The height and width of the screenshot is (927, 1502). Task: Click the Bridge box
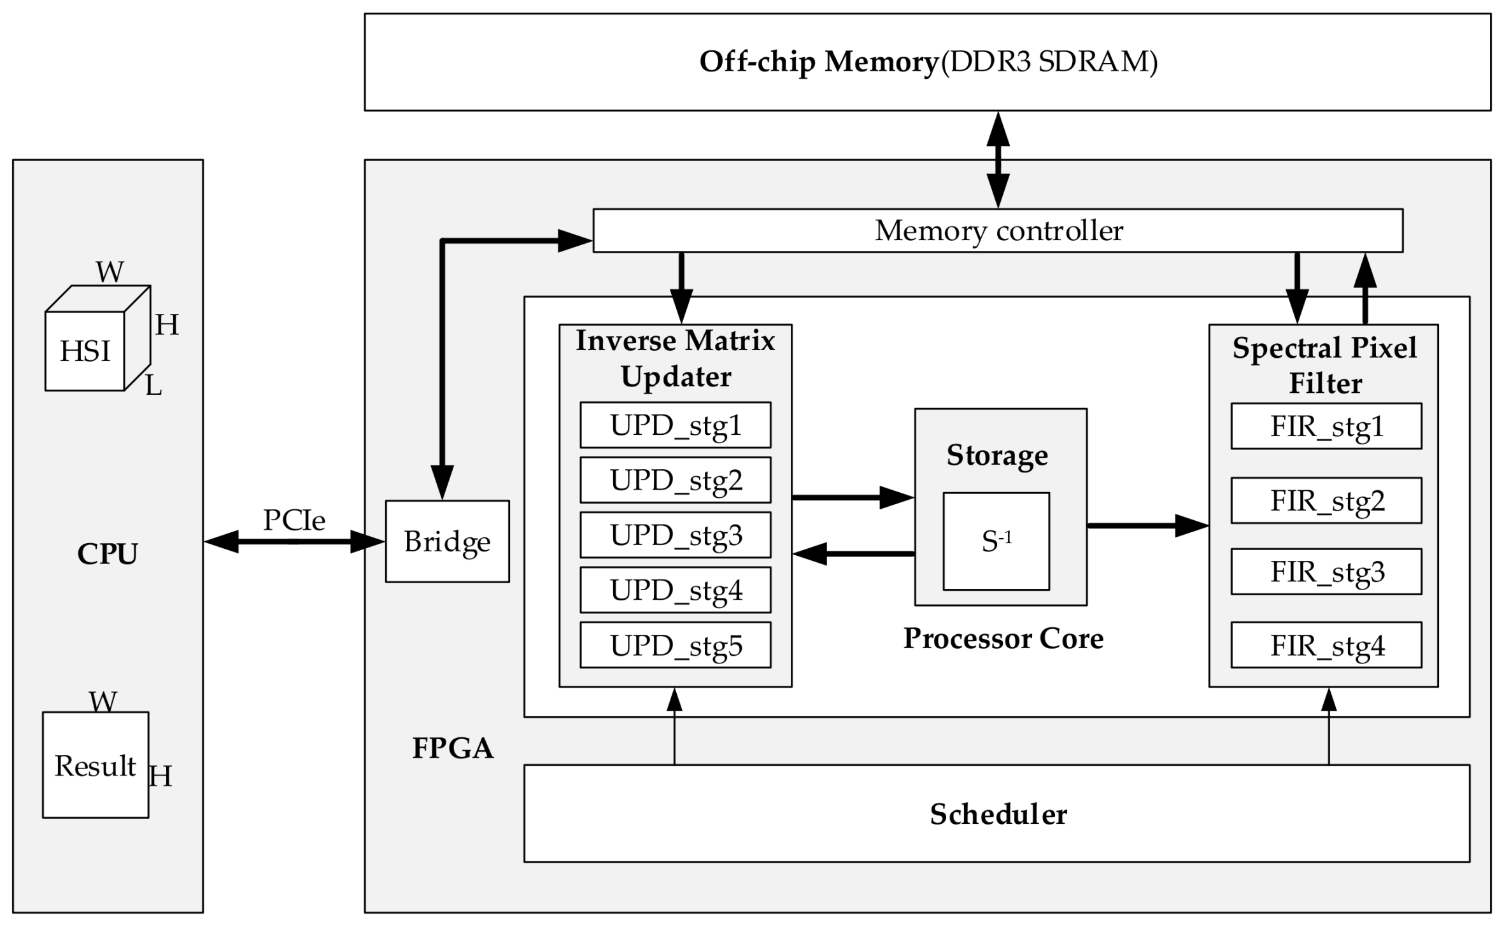[x=447, y=541]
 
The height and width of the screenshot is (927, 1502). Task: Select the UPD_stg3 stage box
[x=675, y=535]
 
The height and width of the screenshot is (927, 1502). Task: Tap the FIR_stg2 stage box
[x=1326, y=500]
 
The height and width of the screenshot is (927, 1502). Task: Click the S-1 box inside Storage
[x=996, y=541]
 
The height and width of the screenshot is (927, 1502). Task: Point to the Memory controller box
[x=998, y=230]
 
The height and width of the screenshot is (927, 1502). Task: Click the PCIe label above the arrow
[x=294, y=520]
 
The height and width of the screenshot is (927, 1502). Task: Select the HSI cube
[x=85, y=350]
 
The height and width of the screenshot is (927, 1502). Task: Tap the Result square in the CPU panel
[x=96, y=765]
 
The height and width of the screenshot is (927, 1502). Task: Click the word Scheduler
[x=998, y=814]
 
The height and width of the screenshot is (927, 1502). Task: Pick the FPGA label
[x=453, y=747]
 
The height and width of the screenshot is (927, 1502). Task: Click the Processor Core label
[x=1003, y=638]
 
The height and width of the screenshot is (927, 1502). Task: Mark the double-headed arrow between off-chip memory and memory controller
[x=998, y=159]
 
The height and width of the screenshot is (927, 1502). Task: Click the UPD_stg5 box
[x=675, y=645]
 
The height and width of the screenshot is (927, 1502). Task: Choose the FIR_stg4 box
[x=1326, y=645]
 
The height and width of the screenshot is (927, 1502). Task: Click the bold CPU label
[x=107, y=553]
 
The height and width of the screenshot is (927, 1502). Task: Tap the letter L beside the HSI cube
[x=153, y=385]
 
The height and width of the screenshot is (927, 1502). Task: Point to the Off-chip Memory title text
[x=819, y=62]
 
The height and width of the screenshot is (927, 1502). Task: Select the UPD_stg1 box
[x=675, y=425]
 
